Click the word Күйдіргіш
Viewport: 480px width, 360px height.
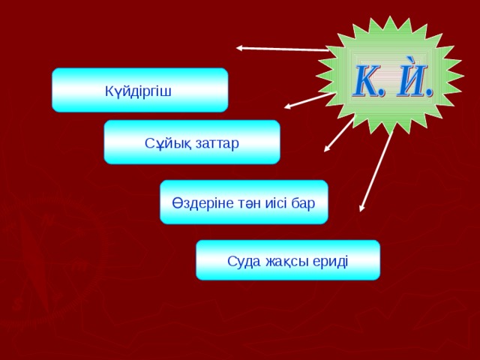139,91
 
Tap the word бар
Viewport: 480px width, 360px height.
303,202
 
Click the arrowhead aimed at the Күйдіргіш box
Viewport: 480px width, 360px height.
289,105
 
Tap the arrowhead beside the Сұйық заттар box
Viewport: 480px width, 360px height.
327,148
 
